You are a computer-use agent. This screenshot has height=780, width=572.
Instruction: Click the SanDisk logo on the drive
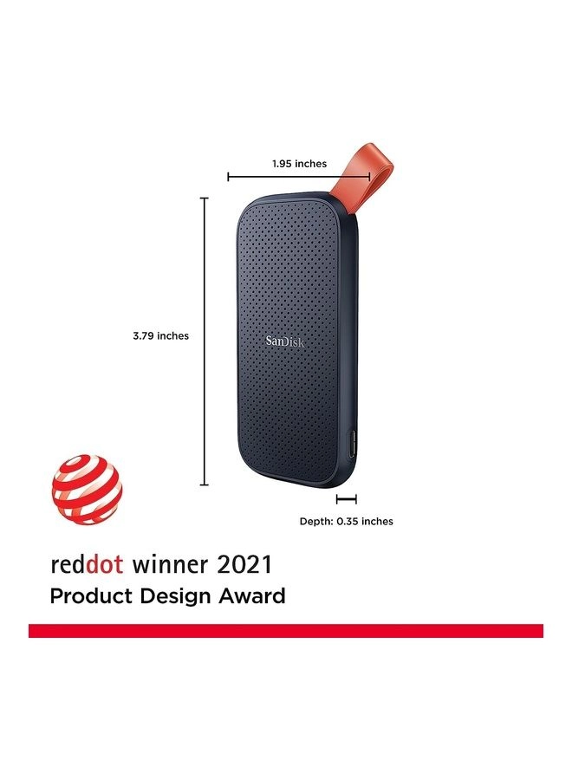[285, 341]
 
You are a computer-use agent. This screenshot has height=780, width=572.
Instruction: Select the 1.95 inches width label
[299, 163]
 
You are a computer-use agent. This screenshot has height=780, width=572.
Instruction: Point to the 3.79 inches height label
[161, 335]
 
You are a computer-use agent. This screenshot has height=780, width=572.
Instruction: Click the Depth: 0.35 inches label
[346, 521]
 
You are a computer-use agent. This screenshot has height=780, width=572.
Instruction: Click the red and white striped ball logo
[87, 491]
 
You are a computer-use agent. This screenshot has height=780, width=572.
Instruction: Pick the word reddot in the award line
[87, 565]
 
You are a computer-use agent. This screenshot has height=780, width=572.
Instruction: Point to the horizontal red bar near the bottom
[286, 630]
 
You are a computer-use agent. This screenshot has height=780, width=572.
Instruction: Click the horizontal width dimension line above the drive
[277, 177]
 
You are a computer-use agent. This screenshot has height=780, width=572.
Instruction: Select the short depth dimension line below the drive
[347, 499]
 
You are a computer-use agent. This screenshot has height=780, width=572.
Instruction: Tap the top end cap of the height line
[205, 198]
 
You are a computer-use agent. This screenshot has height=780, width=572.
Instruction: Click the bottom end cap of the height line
[205, 485]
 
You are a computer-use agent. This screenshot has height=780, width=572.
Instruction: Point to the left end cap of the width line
[228, 177]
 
